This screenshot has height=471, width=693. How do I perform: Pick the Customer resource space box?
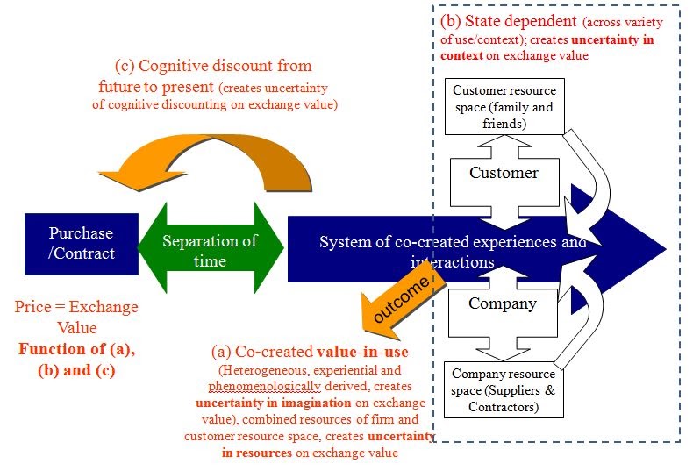click(x=504, y=108)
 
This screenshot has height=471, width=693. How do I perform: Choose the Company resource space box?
click(x=504, y=389)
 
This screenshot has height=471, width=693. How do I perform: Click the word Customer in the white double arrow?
click(x=504, y=173)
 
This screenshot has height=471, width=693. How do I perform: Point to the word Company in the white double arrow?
click(x=503, y=304)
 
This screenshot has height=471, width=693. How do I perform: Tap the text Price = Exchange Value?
click(x=76, y=317)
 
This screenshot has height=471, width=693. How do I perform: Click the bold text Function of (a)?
click(x=76, y=350)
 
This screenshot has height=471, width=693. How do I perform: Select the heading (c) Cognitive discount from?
click(x=213, y=67)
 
